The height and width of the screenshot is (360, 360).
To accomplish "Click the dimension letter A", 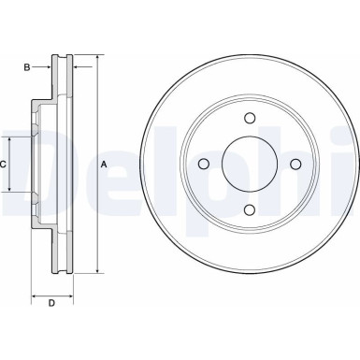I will click(104, 165).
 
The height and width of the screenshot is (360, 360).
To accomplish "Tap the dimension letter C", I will click(5, 165).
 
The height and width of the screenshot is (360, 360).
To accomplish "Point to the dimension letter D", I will click(51, 303).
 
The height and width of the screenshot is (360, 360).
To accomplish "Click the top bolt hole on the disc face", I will click(249, 119).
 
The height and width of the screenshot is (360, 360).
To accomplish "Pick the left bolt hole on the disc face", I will click(203, 165).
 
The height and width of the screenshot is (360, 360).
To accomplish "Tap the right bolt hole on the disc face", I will click(295, 165).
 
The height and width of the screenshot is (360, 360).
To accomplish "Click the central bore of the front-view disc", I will click(249, 165).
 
